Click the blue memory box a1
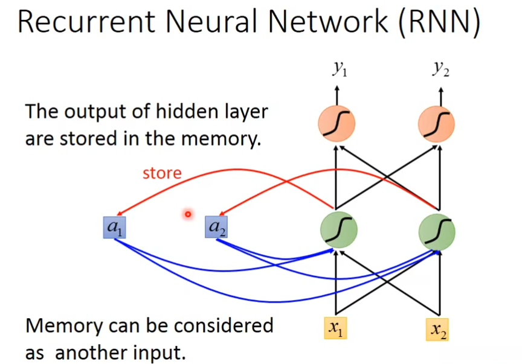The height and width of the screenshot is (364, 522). point(114,227)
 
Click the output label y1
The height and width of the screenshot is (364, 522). point(339,69)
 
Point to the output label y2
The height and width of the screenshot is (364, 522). point(440,69)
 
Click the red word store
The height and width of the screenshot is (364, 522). point(162,174)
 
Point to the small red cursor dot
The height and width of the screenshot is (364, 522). point(188,214)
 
